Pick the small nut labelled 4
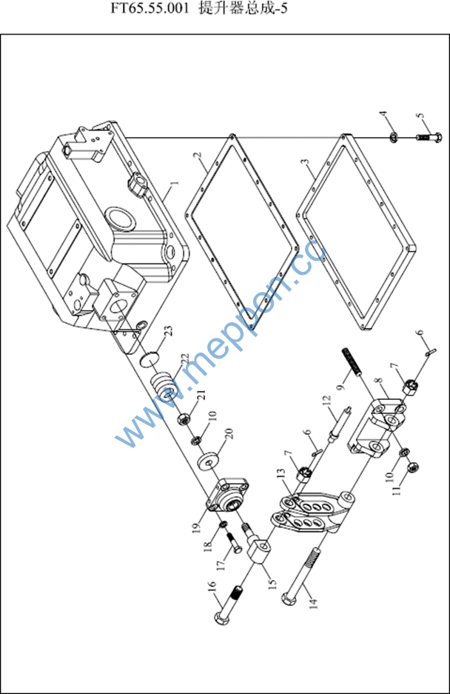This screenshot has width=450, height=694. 394,137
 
